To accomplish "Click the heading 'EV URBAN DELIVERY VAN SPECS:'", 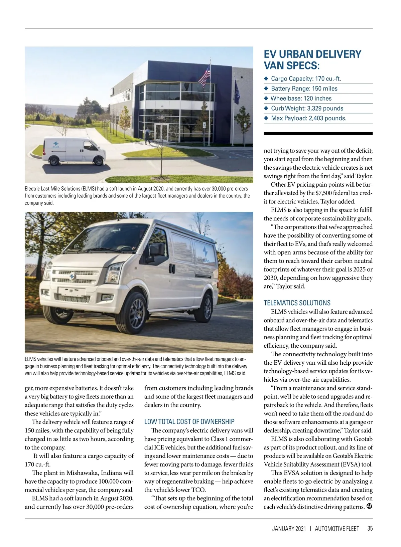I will coord(312,59).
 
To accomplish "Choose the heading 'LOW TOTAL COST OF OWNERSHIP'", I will coord(189,421).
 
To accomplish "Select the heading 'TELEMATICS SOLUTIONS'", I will coord(297,303).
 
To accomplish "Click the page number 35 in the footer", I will coord(370,529).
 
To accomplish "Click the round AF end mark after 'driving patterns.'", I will coord(369,506).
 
